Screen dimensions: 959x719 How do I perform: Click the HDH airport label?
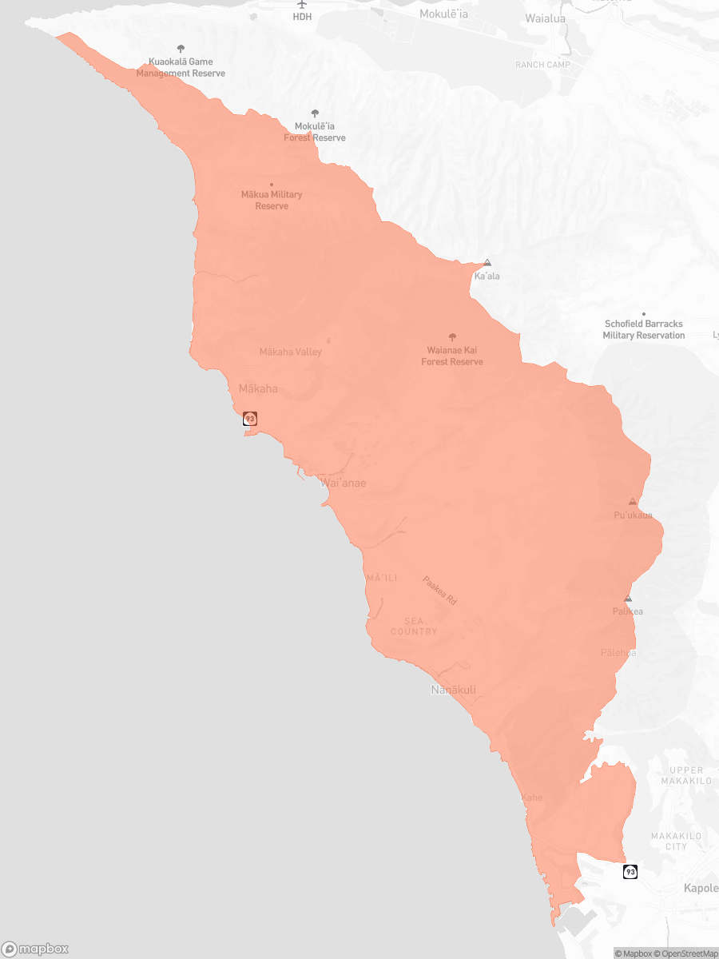302,16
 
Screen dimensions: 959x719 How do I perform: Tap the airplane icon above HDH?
302,4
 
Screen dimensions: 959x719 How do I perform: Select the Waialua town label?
545,18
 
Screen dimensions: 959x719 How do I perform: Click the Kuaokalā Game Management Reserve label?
181,67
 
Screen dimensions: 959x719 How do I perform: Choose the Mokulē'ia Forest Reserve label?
315,132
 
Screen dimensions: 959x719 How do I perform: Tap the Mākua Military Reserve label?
272,200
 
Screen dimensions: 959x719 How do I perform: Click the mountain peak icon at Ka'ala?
487,263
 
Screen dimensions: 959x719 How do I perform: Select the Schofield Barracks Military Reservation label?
643,329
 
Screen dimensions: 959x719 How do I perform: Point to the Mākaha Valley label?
291,352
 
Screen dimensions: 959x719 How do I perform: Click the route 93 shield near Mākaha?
250,419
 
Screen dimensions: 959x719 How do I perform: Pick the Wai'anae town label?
343,483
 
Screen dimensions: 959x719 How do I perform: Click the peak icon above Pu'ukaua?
633,502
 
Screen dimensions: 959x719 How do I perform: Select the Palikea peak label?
628,611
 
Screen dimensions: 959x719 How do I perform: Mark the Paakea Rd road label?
439,591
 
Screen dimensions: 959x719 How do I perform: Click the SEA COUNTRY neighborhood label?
414,626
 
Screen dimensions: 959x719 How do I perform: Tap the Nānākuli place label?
453,690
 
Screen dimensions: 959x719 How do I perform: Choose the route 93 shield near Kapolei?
630,871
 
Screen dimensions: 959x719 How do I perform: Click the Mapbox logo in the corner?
35,949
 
